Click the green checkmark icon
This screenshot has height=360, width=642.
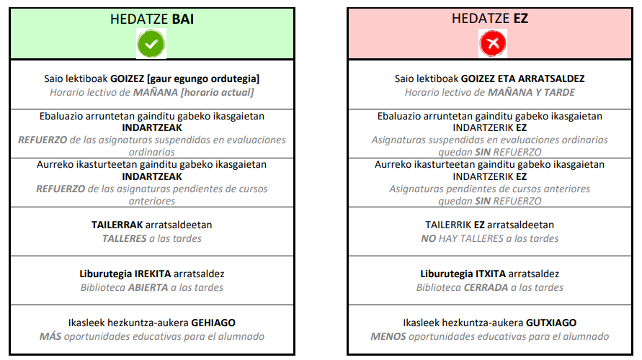151,45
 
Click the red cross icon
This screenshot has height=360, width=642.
493,45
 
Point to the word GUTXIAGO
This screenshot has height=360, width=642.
552,323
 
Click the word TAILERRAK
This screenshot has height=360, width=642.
117,225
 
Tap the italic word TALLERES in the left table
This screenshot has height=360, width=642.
125,238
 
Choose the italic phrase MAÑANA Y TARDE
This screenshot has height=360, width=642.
531,92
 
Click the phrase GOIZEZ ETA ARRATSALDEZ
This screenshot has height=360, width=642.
522,78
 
